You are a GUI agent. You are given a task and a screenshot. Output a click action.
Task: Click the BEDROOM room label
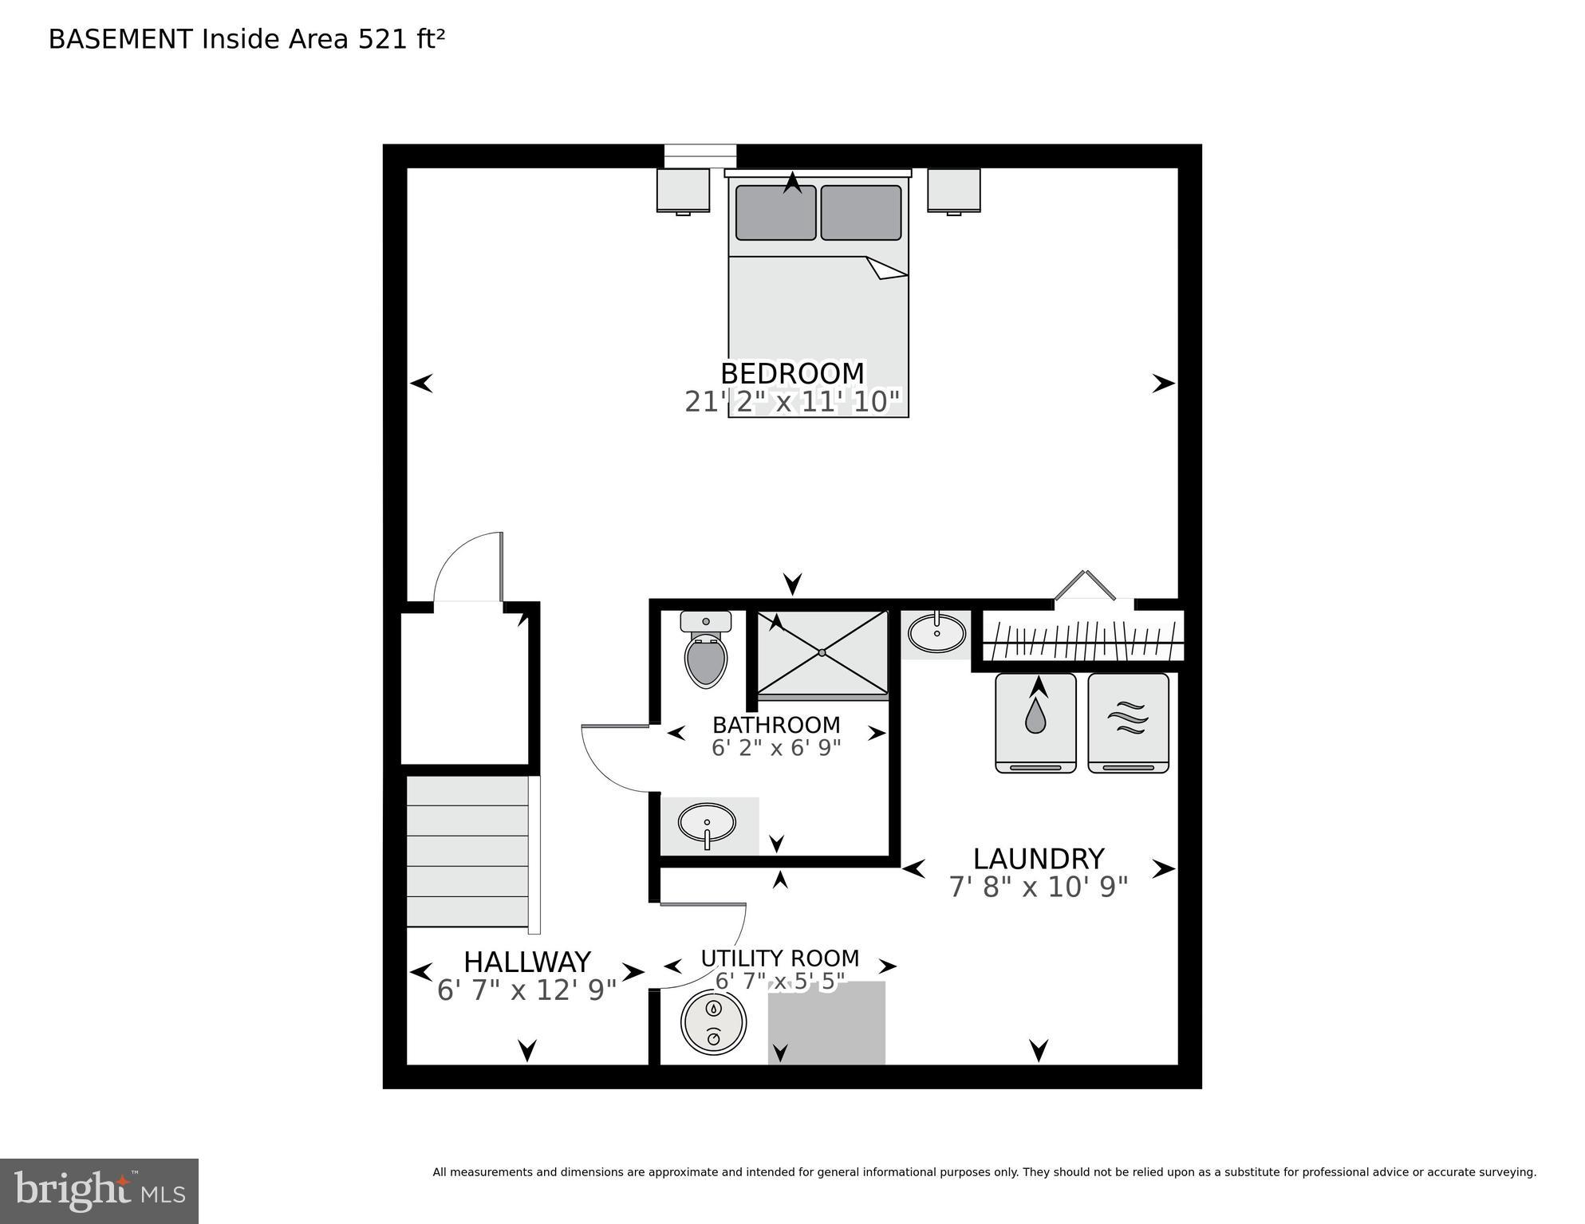click(791, 373)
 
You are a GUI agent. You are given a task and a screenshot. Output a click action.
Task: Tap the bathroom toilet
click(706, 650)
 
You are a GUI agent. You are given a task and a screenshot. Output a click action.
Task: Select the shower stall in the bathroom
click(822, 653)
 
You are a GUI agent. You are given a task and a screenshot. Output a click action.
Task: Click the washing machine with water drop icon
click(1035, 722)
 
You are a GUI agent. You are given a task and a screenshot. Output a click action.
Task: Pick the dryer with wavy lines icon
click(1128, 722)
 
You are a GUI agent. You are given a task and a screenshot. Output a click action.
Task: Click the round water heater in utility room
click(714, 1022)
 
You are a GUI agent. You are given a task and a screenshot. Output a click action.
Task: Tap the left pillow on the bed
click(775, 213)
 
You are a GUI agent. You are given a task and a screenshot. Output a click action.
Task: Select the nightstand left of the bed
click(683, 191)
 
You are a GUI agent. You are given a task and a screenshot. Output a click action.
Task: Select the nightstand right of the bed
click(953, 191)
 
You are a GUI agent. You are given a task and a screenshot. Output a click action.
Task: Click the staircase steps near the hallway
click(467, 851)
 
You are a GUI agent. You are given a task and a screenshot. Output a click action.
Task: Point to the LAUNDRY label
click(1038, 859)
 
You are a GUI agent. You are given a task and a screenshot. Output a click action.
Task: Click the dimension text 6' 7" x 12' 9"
click(526, 990)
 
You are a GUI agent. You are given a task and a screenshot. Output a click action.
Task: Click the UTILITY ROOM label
click(779, 958)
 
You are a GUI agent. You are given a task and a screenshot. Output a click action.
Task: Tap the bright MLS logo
click(99, 1191)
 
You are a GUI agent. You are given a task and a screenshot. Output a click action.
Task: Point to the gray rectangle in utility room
click(826, 1022)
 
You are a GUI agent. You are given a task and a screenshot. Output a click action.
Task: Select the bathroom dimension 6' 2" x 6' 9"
click(775, 748)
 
